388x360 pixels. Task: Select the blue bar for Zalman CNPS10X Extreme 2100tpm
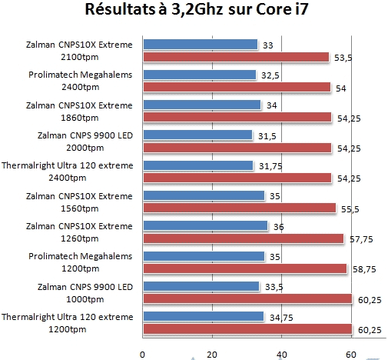click(200, 45)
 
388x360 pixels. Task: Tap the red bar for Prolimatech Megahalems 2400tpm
click(237, 87)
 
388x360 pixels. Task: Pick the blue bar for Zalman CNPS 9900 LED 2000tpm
click(197, 135)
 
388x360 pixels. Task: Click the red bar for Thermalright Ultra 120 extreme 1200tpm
click(247, 328)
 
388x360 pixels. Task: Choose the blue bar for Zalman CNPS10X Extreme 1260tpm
click(205, 225)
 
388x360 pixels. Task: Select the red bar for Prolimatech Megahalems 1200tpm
click(244, 268)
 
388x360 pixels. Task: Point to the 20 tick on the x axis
click(212, 354)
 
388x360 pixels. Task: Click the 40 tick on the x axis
click(282, 354)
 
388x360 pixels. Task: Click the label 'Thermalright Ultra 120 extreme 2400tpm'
click(68, 171)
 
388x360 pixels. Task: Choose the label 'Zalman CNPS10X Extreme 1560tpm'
click(80, 201)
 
